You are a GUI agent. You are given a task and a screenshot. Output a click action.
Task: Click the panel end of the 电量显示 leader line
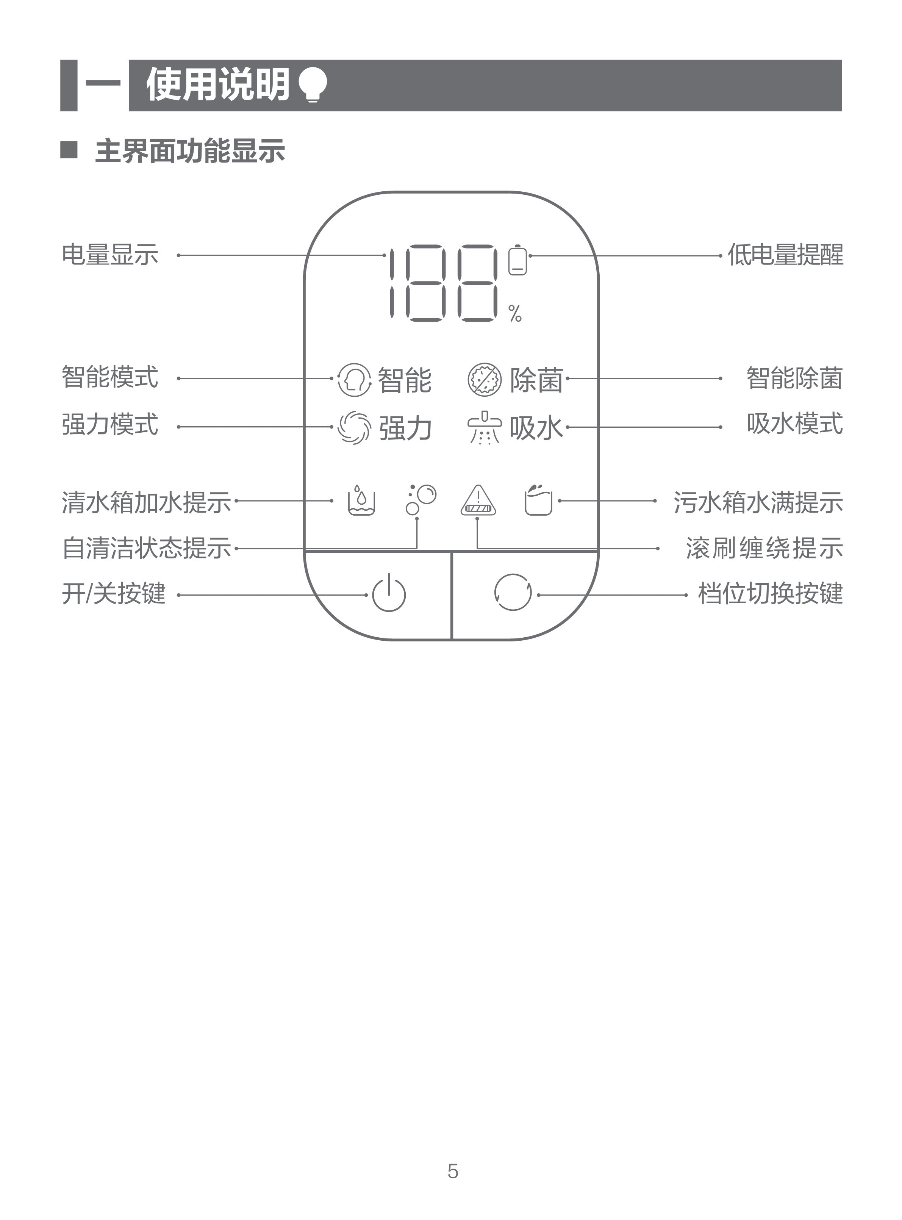coord(385,255)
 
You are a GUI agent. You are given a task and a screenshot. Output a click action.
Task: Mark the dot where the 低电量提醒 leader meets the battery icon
coord(530,256)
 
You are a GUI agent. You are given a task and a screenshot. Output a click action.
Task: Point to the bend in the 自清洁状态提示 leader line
coord(417,548)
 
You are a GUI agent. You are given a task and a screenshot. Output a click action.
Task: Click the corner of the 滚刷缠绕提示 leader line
coord(477,548)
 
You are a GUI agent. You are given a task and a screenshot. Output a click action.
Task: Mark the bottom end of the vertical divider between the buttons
coord(452,638)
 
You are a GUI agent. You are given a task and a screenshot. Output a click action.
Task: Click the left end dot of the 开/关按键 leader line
coord(178,595)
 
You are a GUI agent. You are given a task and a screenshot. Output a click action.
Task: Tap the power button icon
coord(389,593)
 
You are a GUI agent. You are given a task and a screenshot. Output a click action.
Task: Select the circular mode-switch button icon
coord(513,592)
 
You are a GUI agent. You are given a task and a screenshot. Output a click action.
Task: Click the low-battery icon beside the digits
coord(517,260)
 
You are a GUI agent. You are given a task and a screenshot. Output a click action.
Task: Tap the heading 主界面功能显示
coord(190,151)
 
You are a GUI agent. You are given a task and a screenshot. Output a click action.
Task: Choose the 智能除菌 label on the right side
coord(794,378)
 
